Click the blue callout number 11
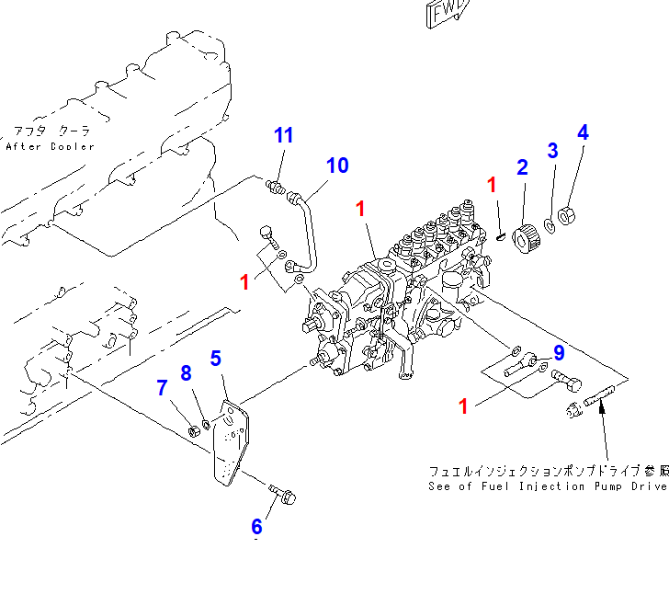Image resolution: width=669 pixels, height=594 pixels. [x=284, y=135]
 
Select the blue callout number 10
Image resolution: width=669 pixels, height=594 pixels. [x=337, y=166]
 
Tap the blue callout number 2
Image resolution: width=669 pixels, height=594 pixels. [x=522, y=166]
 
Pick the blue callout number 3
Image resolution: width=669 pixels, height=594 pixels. [x=552, y=150]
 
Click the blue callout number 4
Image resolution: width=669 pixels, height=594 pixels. [x=582, y=132]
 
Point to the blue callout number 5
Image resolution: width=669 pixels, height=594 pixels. [x=216, y=358]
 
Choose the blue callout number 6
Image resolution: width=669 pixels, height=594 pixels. [x=256, y=527]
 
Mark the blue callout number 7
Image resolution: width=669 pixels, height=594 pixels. [x=162, y=388]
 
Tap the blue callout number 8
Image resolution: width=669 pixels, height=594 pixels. [x=186, y=373]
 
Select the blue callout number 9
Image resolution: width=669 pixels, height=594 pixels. [x=558, y=352]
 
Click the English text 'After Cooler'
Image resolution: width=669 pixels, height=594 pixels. [x=50, y=147]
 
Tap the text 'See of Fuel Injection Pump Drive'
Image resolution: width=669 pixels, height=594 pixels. [x=548, y=485]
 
